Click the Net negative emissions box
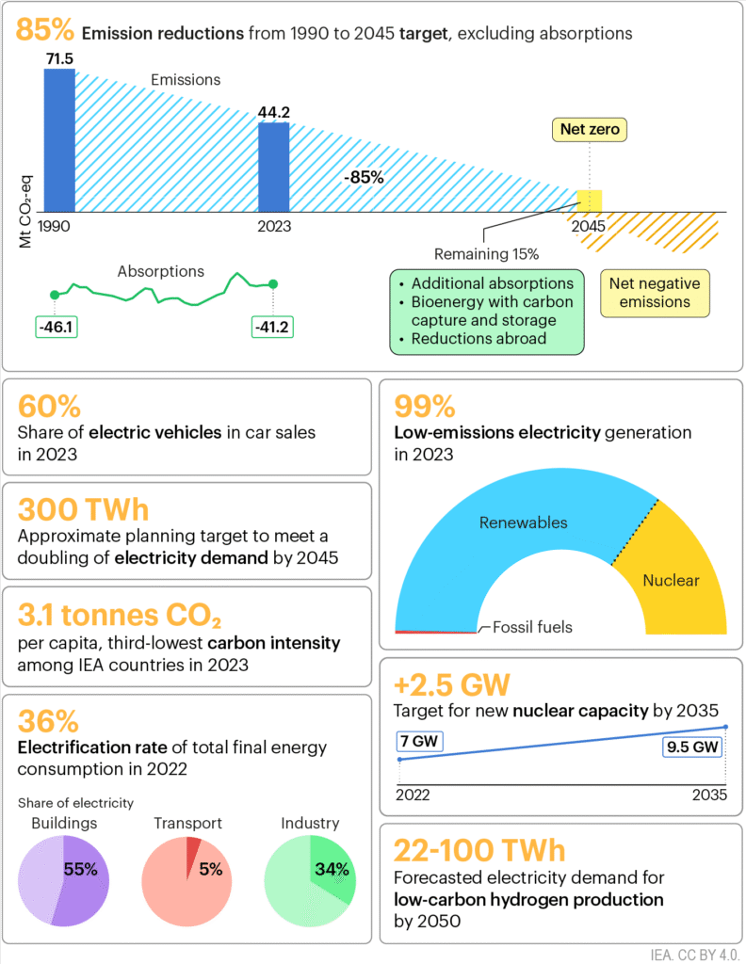click(655, 293)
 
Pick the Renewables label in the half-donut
click(524, 522)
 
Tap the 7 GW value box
click(419, 741)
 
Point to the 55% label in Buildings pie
click(80, 869)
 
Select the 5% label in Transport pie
click(210, 869)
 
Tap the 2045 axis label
click(588, 226)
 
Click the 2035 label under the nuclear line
click(706, 795)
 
